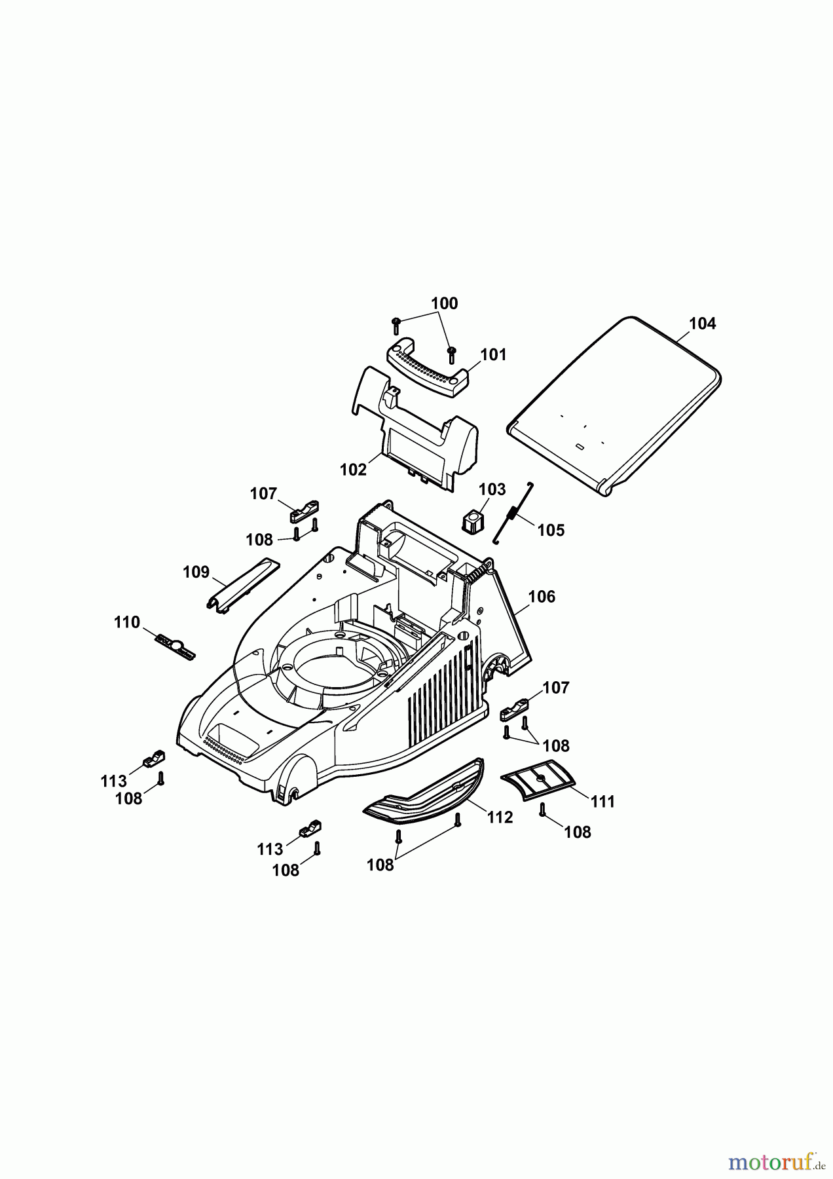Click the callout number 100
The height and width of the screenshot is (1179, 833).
(444, 304)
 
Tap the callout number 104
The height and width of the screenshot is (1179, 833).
(703, 324)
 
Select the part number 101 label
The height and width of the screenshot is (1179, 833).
(493, 355)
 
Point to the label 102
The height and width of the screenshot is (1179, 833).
(353, 470)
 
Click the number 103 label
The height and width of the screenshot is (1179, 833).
(492, 489)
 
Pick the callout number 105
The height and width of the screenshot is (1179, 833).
(551, 530)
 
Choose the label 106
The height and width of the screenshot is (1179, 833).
(541, 597)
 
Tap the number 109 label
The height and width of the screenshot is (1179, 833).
(196, 572)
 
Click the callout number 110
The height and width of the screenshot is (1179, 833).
(126, 622)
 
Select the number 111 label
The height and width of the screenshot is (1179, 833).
(602, 801)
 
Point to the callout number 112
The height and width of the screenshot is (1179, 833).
(500, 817)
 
